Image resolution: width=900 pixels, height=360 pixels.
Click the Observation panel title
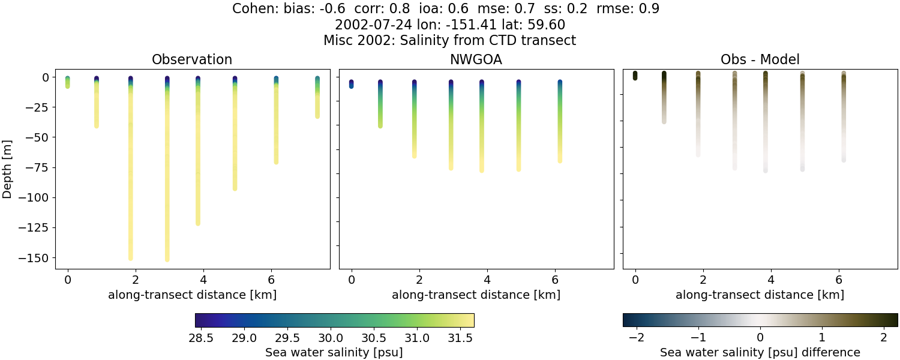[192, 59]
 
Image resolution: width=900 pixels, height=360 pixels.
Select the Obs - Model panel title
[760, 59]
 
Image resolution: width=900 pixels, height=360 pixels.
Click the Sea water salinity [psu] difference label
[760, 352]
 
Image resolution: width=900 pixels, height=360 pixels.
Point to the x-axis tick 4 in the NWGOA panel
[487, 279]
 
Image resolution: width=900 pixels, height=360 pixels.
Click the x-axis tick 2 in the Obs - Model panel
[703, 279]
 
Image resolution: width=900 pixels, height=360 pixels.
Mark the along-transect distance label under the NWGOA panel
[476, 295]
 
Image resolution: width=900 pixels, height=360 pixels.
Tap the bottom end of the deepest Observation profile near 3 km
[167, 259]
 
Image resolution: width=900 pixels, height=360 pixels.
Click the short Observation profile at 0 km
[68, 82]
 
